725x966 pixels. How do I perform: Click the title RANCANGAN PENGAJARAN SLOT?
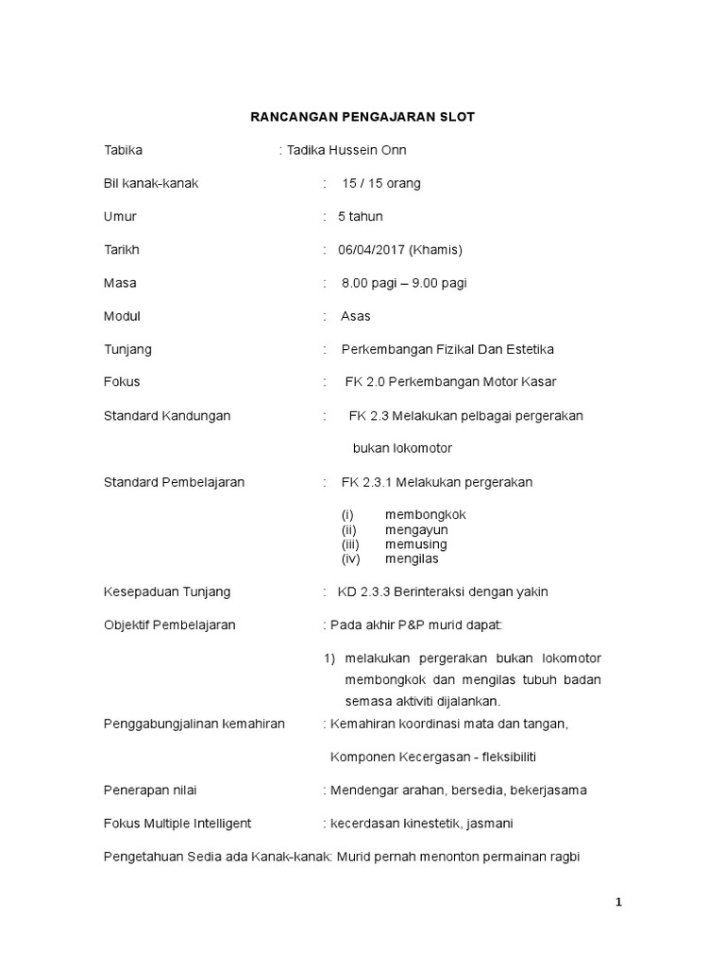(x=362, y=117)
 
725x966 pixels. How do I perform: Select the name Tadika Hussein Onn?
(x=346, y=150)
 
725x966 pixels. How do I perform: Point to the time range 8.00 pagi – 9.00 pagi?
(x=404, y=283)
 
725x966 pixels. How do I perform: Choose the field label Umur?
(x=120, y=216)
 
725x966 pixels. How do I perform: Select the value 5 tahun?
(x=360, y=216)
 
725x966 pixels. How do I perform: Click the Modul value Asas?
(x=355, y=316)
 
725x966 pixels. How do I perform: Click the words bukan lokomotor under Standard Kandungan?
(x=403, y=448)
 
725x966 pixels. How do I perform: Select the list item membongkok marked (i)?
(x=426, y=515)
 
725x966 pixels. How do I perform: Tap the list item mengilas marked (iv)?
(x=412, y=558)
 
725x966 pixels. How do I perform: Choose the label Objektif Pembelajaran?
(x=169, y=625)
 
